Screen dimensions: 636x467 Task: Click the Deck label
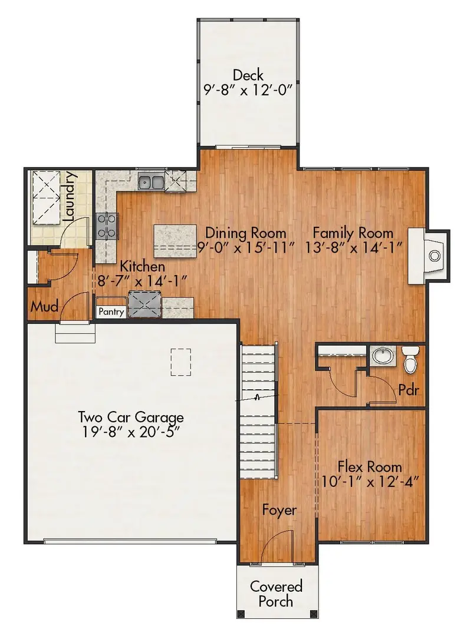(248, 75)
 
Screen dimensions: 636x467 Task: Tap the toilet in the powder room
(410, 359)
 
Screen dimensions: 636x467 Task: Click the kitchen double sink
(152, 181)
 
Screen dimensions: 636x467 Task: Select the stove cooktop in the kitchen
(108, 224)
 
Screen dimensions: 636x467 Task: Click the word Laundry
(69, 196)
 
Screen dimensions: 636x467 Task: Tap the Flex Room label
(370, 466)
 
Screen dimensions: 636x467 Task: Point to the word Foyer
(279, 510)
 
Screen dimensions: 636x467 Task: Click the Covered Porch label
(276, 594)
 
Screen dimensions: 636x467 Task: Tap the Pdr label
(408, 389)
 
